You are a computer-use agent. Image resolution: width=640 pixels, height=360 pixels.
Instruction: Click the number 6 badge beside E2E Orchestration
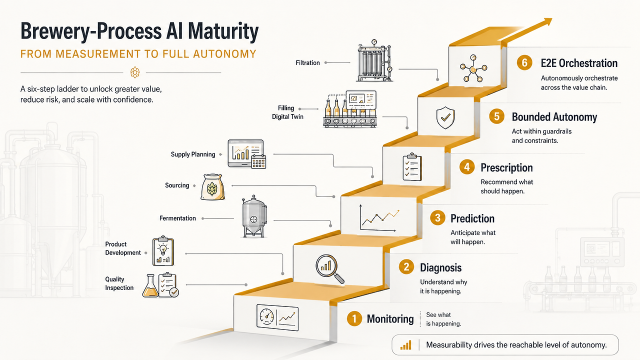point(524,62)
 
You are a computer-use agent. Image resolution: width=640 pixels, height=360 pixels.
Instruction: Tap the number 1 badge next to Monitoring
point(354,318)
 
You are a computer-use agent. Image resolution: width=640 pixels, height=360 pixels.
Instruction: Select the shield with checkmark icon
point(445,117)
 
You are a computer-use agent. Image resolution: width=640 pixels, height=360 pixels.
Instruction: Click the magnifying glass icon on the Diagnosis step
point(329,269)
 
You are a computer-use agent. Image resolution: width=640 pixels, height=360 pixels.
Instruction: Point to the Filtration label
point(307,63)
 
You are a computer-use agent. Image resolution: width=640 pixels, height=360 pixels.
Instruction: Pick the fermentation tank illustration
point(254,216)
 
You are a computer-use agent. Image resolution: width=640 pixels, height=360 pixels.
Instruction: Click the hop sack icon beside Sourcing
point(212,187)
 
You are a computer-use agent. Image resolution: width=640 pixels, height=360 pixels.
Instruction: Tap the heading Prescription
point(506,167)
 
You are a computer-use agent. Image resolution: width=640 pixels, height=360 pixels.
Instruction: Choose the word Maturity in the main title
point(223,31)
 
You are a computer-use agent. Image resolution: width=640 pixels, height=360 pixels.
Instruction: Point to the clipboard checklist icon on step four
point(412,167)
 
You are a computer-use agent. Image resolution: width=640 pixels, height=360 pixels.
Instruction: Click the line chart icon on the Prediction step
point(379,218)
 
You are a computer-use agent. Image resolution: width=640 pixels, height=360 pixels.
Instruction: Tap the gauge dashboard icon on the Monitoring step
point(277,317)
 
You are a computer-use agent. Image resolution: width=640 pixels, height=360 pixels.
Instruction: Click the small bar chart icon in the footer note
point(405,345)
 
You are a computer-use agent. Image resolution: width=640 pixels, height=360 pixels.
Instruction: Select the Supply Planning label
point(193,154)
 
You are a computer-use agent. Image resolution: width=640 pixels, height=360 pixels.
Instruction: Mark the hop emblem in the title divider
point(135,72)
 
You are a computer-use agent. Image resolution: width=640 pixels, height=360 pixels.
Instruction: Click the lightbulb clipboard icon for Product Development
point(163,251)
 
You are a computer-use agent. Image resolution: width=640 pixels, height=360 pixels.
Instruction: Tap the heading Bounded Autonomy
point(554,117)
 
